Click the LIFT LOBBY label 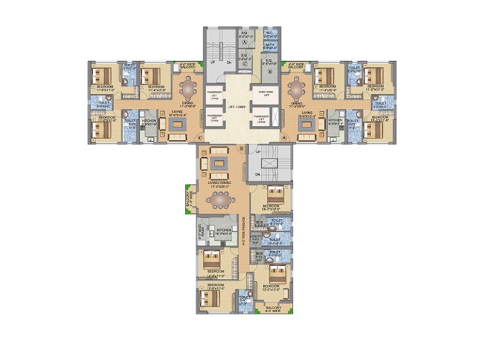point(235,105)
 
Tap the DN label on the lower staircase point(257,174)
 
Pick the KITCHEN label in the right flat point(335,120)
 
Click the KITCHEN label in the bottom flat point(224,229)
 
